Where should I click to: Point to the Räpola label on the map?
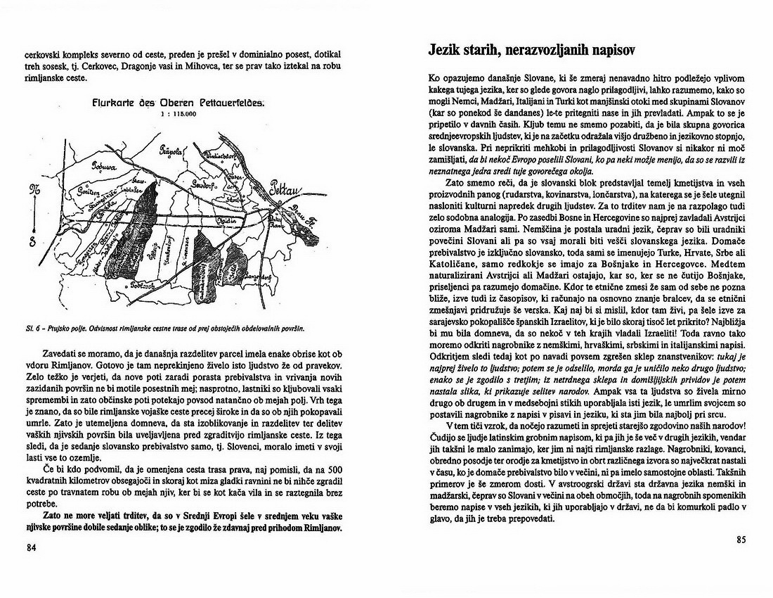click(x=171, y=149)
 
